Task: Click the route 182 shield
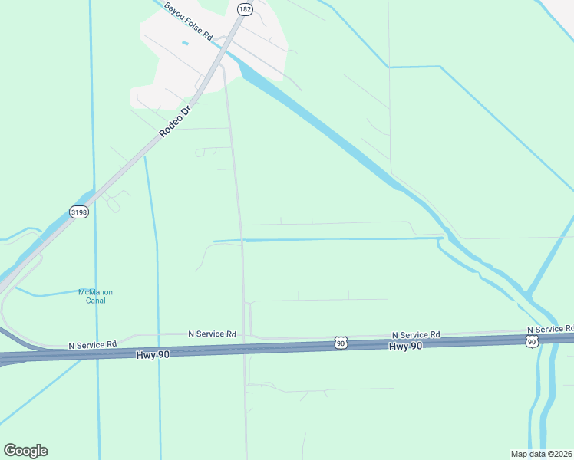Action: (244, 9)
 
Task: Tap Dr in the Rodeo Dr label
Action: (186, 110)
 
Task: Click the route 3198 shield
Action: (78, 212)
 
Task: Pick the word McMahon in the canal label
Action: (96, 292)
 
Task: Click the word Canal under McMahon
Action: (96, 301)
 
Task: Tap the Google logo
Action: (25, 451)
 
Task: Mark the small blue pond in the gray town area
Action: (185, 42)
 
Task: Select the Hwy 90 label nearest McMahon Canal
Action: (151, 353)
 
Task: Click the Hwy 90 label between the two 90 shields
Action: (405, 347)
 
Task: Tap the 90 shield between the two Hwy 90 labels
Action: (341, 343)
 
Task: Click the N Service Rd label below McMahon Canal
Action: (92, 345)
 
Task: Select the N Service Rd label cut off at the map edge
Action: (549, 329)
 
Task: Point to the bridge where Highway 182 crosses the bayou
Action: (224, 48)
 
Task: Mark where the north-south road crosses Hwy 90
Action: (245, 350)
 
